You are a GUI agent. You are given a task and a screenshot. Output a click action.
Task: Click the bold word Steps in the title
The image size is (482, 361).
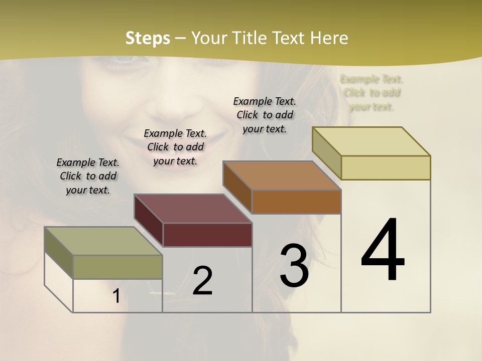(x=148, y=38)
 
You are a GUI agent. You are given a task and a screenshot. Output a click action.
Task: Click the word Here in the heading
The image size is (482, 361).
(x=329, y=38)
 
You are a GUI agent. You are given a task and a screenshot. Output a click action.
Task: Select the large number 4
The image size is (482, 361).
(x=383, y=250)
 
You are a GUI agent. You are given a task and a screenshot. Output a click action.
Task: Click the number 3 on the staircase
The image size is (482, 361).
(x=294, y=265)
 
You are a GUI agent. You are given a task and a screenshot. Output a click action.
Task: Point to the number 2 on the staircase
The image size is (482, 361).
(x=202, y=281)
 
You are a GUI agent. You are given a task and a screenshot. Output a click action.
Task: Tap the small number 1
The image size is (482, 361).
(x=116, y=296)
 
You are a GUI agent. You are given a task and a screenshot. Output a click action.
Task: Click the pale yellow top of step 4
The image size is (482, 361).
(x=371, y=141)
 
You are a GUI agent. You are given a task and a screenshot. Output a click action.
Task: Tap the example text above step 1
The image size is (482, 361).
(x=88, y=176)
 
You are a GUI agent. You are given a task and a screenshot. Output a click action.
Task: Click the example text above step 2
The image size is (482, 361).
(x=175, y=147)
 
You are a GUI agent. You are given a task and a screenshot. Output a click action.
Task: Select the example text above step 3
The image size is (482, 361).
(x=265, y=115)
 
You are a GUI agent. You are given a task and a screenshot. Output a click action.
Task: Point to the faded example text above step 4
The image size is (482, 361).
(x=372, y=93)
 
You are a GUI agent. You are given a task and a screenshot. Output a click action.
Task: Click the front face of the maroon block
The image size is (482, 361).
(x=207, y=235)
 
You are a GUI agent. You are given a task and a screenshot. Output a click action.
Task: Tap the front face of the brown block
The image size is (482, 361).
(x=296, y=202)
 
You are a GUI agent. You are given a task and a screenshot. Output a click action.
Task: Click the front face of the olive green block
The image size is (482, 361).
(x=117, y=267)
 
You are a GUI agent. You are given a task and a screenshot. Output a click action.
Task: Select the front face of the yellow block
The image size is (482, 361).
(x=386, y=167)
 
